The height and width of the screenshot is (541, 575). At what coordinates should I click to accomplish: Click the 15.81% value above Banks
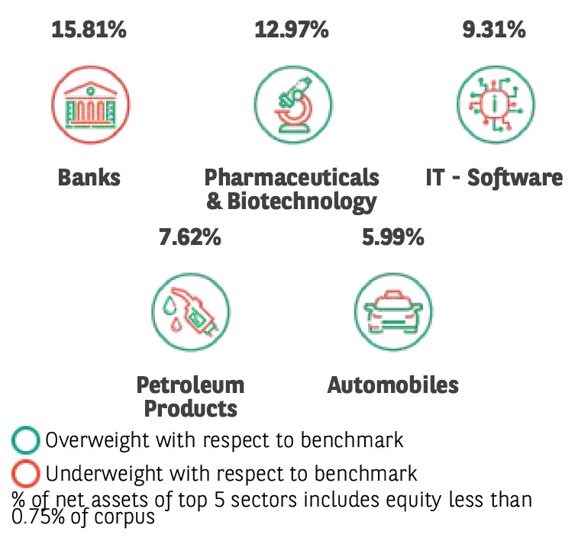coord(89,31)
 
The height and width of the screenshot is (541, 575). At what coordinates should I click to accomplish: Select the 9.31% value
coord(494,31)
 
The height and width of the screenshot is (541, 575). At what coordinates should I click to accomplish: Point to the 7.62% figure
coord(190,238)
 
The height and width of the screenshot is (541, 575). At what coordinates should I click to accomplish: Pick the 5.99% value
coord(392,238)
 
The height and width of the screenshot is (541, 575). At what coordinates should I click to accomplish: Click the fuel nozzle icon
coord(190,310)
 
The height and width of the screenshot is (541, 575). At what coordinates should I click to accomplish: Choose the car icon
coord(392,310)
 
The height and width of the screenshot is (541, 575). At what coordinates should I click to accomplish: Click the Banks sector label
coord(89,178)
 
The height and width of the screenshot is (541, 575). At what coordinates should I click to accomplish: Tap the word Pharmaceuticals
coord(291,178)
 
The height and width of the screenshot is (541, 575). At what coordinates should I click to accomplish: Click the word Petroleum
coord(190,385)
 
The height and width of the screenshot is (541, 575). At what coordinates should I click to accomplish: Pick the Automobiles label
coord(393,385)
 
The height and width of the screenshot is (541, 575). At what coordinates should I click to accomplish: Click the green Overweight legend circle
coord(26,441)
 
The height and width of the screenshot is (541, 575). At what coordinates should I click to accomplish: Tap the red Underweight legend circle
coord(26,474)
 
